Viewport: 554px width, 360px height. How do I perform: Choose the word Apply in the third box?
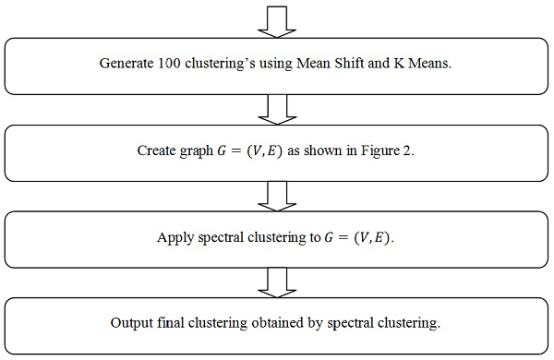174,237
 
